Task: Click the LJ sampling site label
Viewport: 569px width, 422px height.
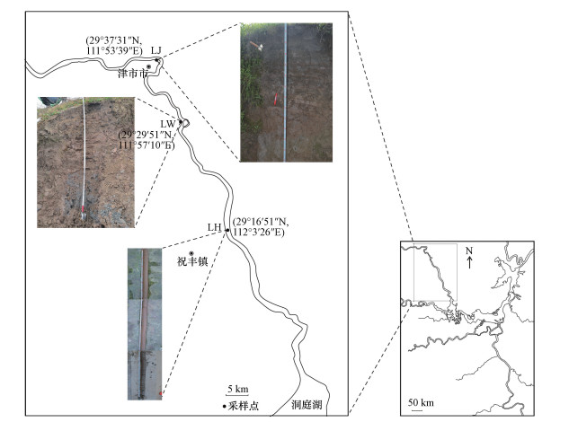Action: click(x=156, y=50)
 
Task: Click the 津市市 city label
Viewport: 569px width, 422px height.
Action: click(x=133, y=75)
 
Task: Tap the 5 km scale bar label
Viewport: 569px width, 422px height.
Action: click(x=236, y=389)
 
